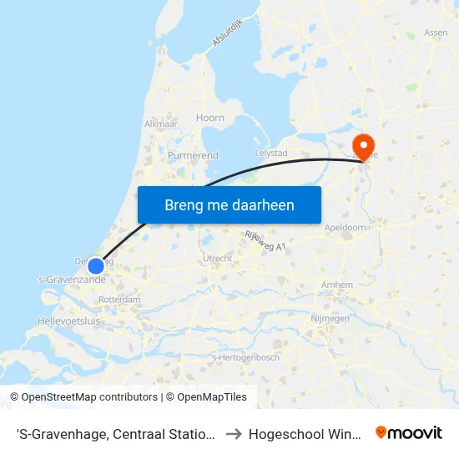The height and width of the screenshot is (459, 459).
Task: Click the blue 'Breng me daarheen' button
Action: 229,204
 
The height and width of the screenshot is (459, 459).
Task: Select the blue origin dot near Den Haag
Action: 96,266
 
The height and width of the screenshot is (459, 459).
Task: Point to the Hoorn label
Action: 210,118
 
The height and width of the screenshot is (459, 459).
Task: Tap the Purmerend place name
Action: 193,155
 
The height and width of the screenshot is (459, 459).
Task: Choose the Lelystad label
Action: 270,154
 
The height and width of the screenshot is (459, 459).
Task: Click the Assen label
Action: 436,33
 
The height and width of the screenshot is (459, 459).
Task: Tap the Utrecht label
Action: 217,259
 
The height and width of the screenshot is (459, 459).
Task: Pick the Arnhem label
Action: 336,285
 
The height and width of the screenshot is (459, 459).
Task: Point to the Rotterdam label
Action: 119,299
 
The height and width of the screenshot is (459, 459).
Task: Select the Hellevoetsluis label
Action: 68,320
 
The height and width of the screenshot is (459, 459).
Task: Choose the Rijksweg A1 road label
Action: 265,240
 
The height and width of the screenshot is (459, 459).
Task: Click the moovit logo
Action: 409,432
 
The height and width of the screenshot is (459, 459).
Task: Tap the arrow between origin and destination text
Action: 235,432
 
